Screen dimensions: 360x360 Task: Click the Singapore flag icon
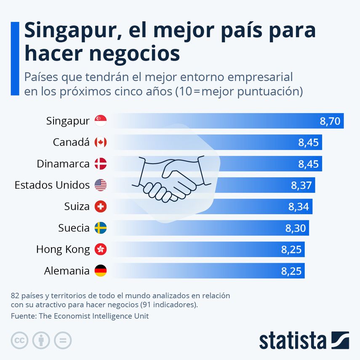point(101,121)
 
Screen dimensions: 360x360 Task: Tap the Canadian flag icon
point(101,143)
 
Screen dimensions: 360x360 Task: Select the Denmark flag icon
point(101,164)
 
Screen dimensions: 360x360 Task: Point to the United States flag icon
point(101,185)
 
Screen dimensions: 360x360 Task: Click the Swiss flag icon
point(101,207)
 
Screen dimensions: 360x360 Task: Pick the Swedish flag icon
point(101,228)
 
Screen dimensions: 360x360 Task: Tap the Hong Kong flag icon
point(101,250)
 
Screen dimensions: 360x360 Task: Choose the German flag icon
point(101,271)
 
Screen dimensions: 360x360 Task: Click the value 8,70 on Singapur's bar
point(330,122)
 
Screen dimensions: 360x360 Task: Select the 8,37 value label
point(301,185)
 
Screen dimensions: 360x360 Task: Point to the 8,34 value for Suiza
point(299,207)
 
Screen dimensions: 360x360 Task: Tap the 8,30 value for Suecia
point(296,228)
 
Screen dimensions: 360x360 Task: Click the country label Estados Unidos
point(52,185)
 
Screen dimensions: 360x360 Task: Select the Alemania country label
point(67,271)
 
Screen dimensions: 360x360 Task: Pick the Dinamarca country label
point(63,164)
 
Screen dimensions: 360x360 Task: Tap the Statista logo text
point(293,340)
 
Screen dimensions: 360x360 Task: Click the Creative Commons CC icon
point(19,340)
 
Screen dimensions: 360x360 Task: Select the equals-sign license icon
point(63,340)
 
